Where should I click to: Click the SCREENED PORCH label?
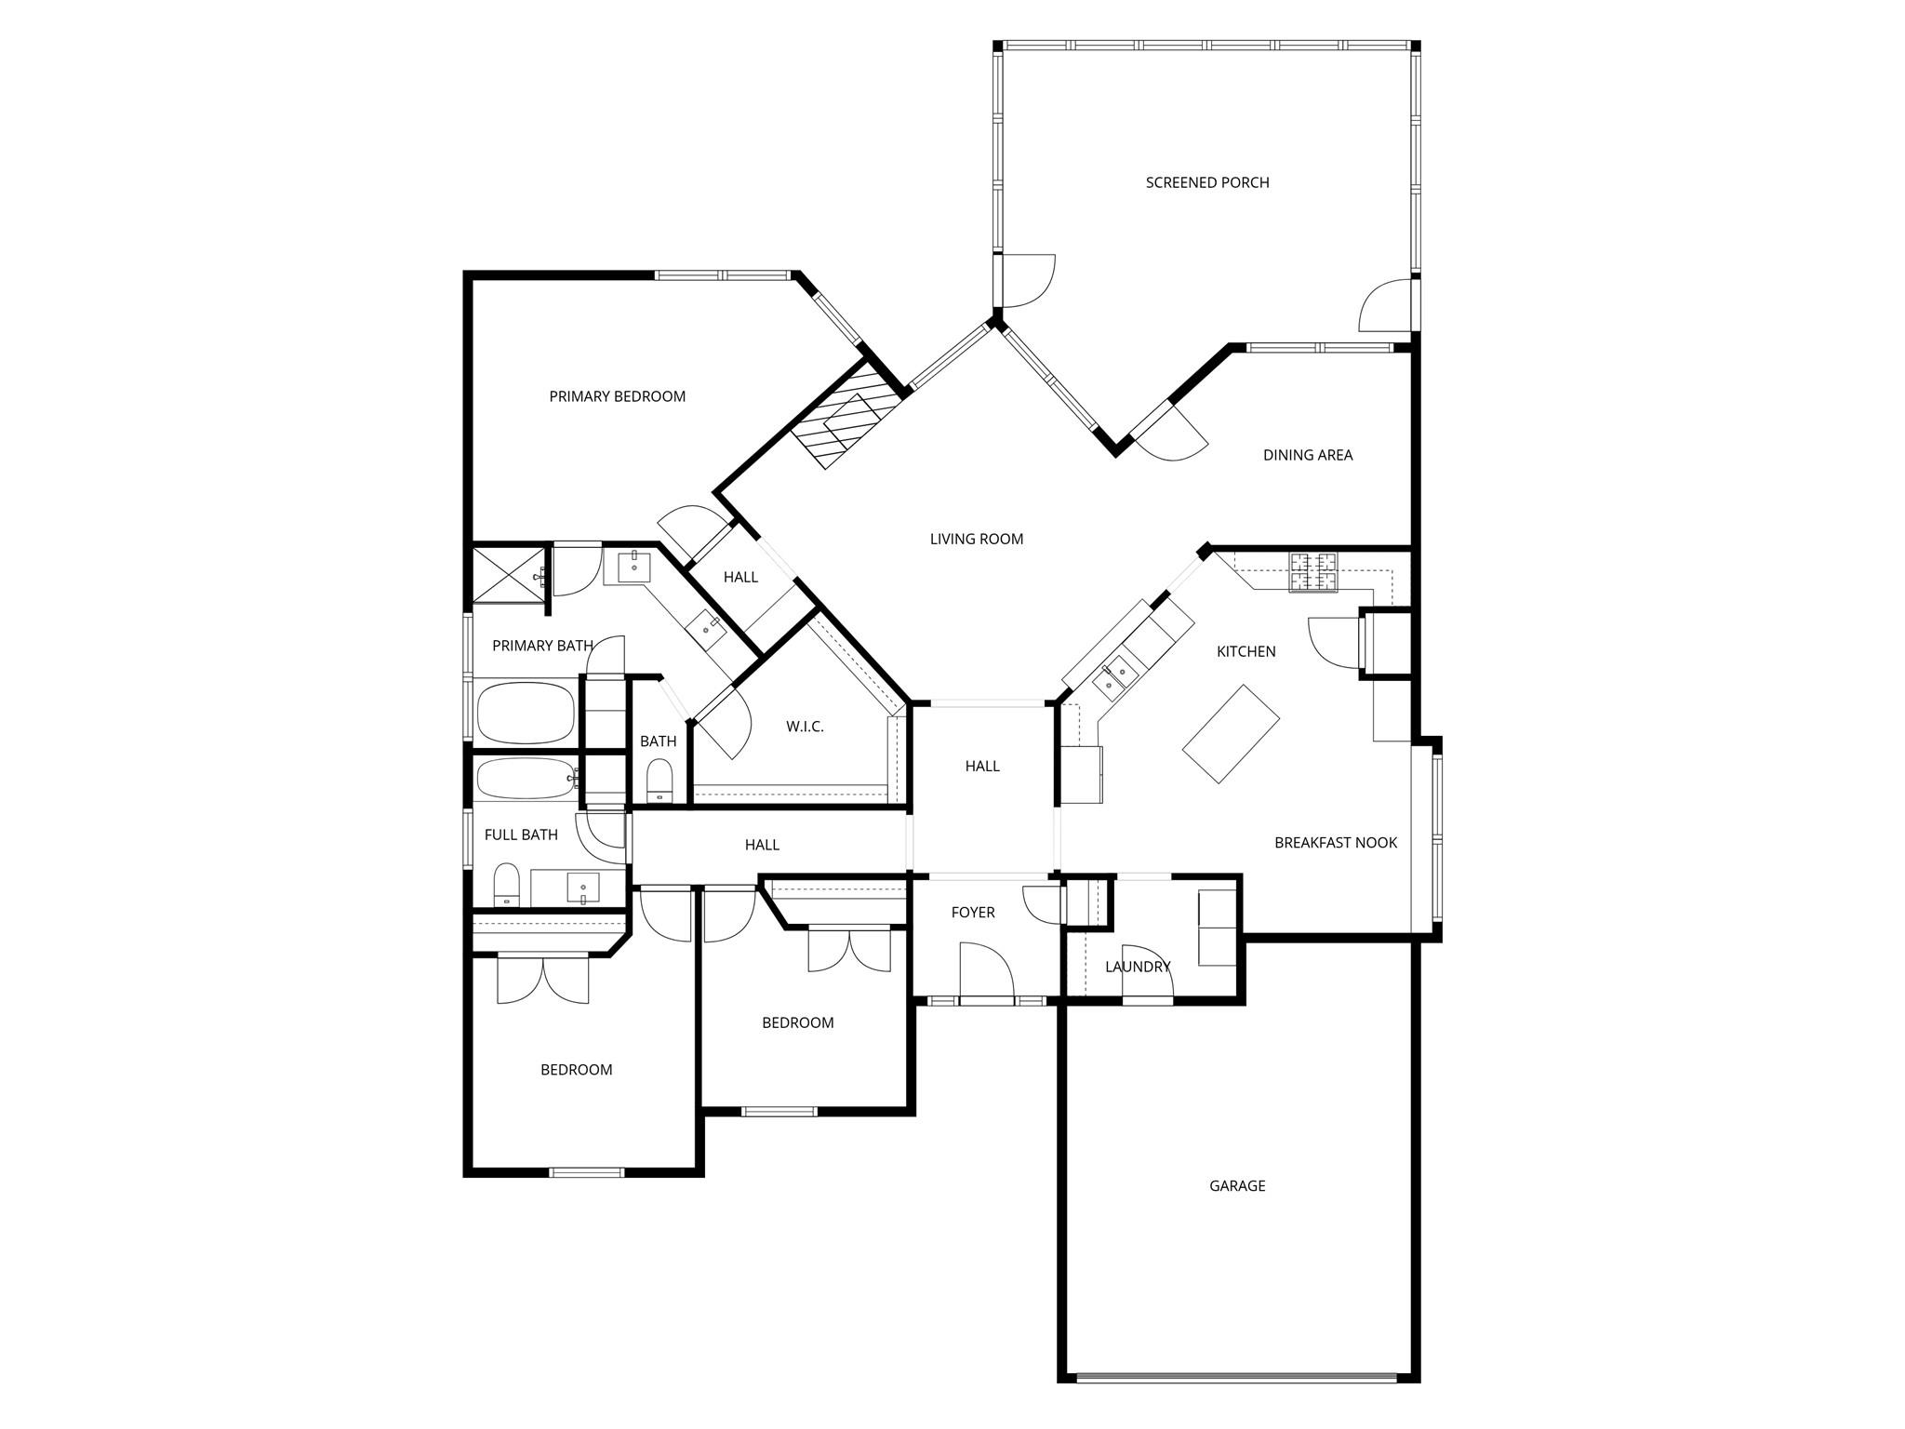(1206, 182)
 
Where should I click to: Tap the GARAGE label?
(1236, 1185)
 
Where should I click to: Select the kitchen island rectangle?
(1231, 734)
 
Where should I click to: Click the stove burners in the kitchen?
(1312, 572)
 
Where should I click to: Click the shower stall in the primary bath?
(508, 576)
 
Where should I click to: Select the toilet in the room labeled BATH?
(659, 780)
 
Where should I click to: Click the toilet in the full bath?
(506, 884)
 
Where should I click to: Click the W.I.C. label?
(805, 727)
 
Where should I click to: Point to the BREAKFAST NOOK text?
(1335, 842)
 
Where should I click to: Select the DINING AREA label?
(1307, 455)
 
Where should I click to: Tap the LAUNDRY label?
(1137, 967)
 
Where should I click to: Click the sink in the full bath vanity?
(583, 888)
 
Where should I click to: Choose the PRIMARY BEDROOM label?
(617, 396)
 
